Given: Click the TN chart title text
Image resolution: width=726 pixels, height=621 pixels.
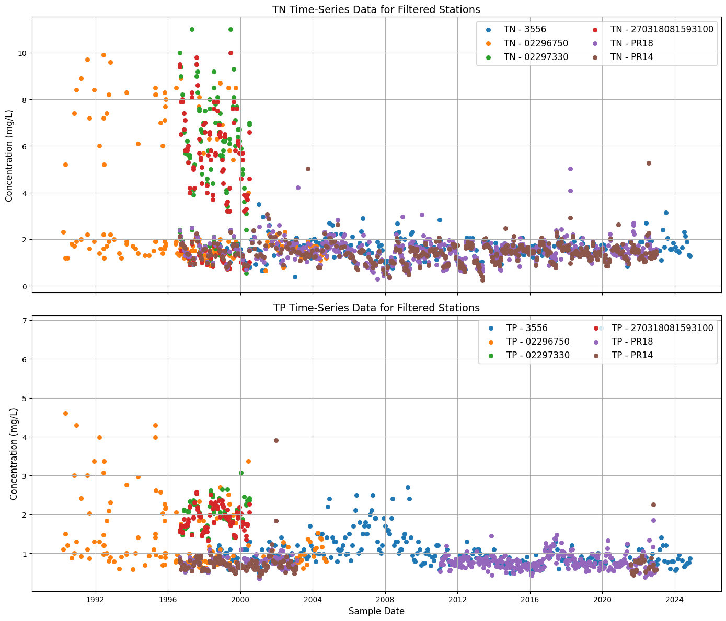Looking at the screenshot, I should tap(376, 9).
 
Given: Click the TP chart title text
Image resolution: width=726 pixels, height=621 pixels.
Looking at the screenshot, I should tap(376, 308).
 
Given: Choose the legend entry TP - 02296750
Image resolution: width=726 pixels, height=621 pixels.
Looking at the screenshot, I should tap(538, 342).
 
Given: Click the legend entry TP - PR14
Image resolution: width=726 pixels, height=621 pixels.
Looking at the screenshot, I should tap(632, 355).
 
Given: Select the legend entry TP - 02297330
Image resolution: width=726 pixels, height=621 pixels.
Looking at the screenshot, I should tap(538, 355).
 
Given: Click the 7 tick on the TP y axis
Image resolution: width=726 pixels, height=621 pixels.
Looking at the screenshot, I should tap(26, 320).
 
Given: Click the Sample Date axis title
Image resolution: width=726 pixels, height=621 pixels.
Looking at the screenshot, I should tap(376, 611).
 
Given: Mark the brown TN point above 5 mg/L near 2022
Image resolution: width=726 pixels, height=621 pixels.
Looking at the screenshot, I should tap(649, 163).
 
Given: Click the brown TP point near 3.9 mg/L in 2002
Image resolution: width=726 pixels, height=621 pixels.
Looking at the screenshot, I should tap(276, 440).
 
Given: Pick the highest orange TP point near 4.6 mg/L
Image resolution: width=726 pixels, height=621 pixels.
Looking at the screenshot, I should tap(65, 413).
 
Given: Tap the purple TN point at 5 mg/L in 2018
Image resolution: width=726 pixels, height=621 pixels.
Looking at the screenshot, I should tap(570, 169).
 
